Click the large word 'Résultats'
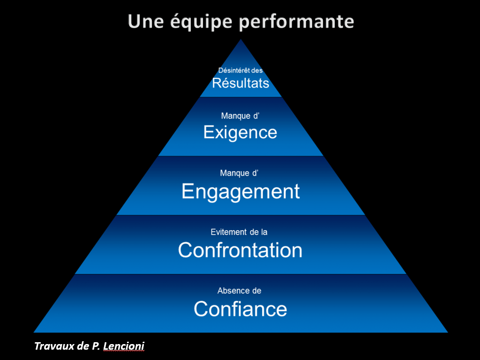click(x=240, y=83)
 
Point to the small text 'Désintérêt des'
click(x=240, y=70)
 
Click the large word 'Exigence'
click(x=240, y=133)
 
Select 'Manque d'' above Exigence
click(x=240, y=116)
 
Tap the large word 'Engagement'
click(x=240, y=192)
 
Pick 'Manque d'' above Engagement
click(x=240, y=173)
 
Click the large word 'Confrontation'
click(x=240, y=250)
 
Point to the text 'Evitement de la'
click(x=240, y=232)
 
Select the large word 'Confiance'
click(x=240, y=309)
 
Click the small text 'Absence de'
click(x=240, y=291)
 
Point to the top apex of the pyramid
click(x=241, y=40)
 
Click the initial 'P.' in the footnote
click(x=96, y=346)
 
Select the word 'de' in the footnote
click(x=83, y=346)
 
